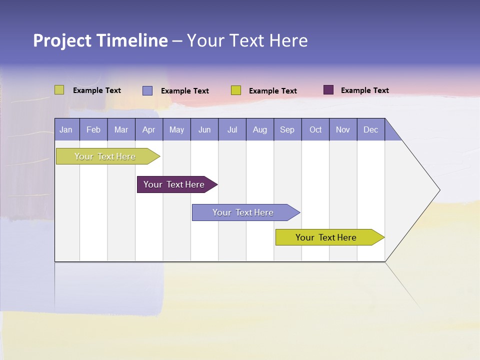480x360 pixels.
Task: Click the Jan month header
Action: (x=66, y=129)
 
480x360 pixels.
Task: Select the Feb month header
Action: (x=93, y=129)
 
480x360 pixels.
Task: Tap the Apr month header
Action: (x=148, y=129)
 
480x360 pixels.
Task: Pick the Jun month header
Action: (x=204, y=129)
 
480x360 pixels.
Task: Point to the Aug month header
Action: (x=259, y=129)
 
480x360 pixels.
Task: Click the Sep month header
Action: (x=287, y=129)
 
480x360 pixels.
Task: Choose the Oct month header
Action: (x=315, y=129)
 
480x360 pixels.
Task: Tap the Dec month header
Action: (x=370, y=129)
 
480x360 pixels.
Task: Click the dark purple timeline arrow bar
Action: (x=175, y=184)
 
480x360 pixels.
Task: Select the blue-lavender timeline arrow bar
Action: (x=243, y=212)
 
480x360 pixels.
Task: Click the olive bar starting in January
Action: (x=105, y=156)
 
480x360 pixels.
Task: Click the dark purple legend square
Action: (x=328, y=90)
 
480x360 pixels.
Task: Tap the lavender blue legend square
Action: (x=147, y=90)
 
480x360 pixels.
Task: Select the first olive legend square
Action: (x=59, y=90)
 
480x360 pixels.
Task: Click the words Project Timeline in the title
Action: (x=100, y=40)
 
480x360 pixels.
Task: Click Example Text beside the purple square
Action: (x=364, y=90)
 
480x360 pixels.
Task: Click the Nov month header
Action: (x=343, y=129)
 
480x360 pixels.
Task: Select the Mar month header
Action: (x=121, y=129)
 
